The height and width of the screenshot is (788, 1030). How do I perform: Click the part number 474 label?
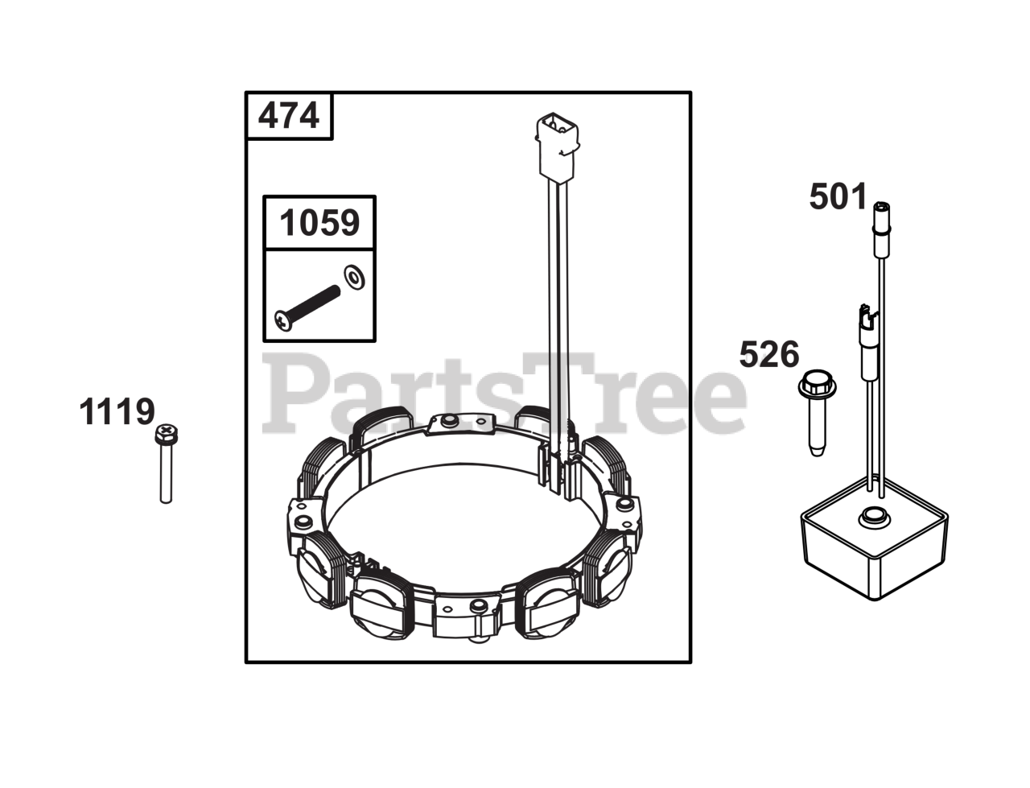click(x=288, y=115)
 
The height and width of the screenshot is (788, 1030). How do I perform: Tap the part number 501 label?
click(x=838, y=196)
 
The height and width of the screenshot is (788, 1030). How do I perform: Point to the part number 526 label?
click(x=769, y=354)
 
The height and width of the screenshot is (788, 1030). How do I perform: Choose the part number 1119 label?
click(x=117, y=411)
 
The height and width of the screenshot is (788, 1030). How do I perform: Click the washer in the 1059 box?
click(x=354, y=278)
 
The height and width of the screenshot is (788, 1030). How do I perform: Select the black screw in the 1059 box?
click(x=307, y=307)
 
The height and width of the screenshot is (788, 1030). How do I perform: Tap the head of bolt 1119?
click(x=166, y=434)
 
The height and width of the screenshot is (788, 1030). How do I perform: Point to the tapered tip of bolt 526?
click(x=817, y=449)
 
